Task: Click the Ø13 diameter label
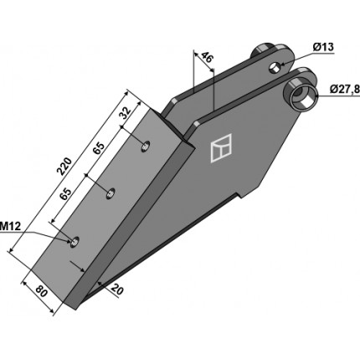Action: point(323,47)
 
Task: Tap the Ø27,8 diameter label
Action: point(345,89)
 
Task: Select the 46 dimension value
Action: point(207,58)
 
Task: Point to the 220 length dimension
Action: point(64,166)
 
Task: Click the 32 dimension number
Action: point(126,113)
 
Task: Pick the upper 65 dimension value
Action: point(99,148)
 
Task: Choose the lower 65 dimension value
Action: point(66,193)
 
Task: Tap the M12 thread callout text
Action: point(10,226)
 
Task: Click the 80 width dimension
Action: point(42,292)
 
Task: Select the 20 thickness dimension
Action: point(117,290)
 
